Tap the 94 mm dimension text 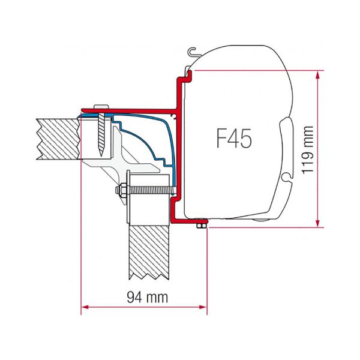[x=145, y=297]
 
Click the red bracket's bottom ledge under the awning [x=189, y=220]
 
